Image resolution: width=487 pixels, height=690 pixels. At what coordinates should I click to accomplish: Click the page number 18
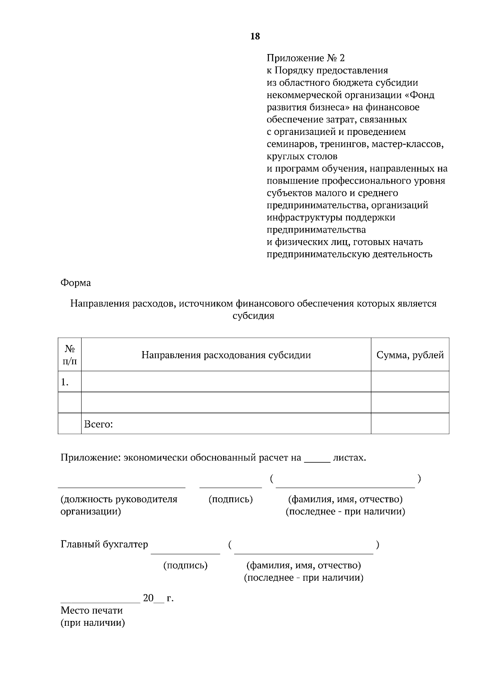pyautogui.click(x=255, y=37)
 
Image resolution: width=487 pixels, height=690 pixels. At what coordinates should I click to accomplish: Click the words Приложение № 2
pyautogui.click(x=305, y=58)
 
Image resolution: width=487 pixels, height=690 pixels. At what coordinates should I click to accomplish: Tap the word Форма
pyautogui.click(x=75, y=283)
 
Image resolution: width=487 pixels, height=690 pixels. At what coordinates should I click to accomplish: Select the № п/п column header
pyautogui.click(x=70, y=354)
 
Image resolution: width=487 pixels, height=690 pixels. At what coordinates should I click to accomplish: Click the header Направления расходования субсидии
pyautogui.click(x=226, y=355)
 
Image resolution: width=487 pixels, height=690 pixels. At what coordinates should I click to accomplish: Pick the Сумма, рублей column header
pyautogui.click(x=410, y=355)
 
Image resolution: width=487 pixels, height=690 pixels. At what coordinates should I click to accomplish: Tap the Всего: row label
pyautogui.click(x=98, y=424)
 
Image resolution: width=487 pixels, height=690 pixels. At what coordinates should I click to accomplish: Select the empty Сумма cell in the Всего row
pyautogui.click(x=410, y=424)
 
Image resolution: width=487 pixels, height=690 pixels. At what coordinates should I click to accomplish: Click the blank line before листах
pyautogui.click(x=317, y=462)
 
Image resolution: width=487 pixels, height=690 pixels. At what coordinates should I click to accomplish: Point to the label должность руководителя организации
pyautogui.click(x=119, y=505)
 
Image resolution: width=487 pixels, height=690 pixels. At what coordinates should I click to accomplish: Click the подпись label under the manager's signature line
pyautogui.click(x=231, y=499)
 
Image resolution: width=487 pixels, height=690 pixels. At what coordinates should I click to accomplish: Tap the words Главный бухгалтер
pyautogui.click(x=104, y=544)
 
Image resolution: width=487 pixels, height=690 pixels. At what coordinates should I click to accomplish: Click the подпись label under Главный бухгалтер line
pyautogui.click(x=185, y=565)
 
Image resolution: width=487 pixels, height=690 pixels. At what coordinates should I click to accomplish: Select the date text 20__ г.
pyautogui.click(x=158, y=598)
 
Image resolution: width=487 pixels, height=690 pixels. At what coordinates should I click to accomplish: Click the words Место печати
pyautogui.click(x=91, y=610)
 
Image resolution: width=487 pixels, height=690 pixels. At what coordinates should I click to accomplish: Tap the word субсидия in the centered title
pyautogui.click(x=253, y=316)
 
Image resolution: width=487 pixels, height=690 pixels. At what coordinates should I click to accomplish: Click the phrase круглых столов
pyautogui.click(x=302, y=156)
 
